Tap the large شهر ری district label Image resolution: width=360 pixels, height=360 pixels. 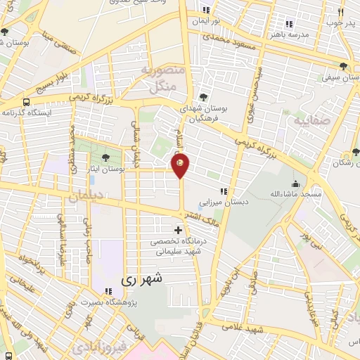pos(146,278)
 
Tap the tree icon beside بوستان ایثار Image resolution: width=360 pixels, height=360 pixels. pos(105,157)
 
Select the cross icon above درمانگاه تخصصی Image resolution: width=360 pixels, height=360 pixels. pos(178,230)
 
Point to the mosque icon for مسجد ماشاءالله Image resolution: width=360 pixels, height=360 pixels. pos(295,184)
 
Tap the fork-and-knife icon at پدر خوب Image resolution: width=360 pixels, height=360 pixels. pos(341,12)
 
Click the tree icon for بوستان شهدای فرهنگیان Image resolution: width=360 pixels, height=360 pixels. pos(204,97)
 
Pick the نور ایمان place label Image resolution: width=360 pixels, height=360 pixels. pos(206,20)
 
